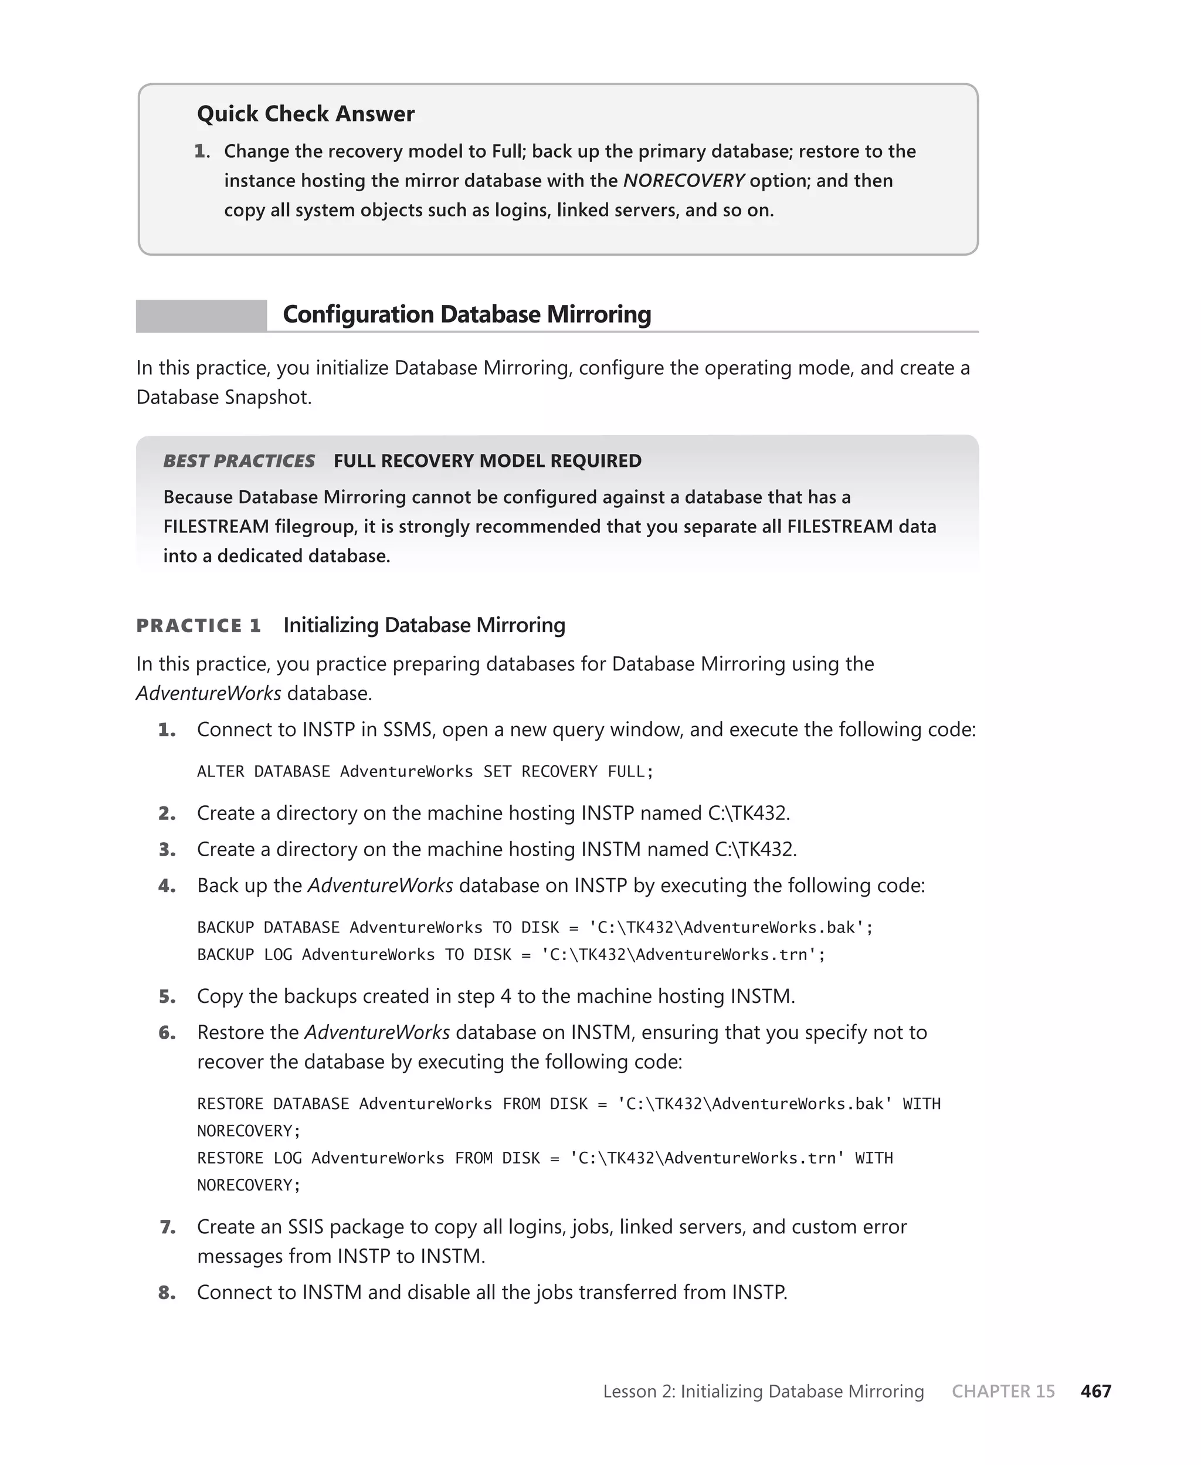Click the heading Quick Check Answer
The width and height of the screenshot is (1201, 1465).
pyautogui.click(x=305, y=113)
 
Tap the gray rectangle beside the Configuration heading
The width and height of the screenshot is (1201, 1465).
pyautogui.click(x=201, y=316)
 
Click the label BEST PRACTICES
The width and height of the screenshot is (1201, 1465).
pyautogui.click(x=239, y=460)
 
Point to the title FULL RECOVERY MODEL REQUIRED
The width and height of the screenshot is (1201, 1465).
pyautogui.click(x=487, y=460)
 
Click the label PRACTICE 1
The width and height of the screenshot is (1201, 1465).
pyautogui.click(x=199, y=625)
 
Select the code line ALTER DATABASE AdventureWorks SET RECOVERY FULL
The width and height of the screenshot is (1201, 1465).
pyautogui.click(x=425, y=771)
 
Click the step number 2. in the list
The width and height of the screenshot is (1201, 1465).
pyautogui.click(x=167, y=813)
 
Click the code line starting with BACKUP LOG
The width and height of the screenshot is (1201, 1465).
pyautogui.click(x=511, y=955)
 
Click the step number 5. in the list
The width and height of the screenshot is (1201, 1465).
pyautogui.click(x=167, y=997)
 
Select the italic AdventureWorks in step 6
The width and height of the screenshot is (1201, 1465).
pyautogui.click(x=377, y=1033)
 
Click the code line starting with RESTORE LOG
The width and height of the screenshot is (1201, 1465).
pyautogui.click(x=544, y=1158)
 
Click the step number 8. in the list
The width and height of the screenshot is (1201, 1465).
pyautogui.click(x=167, y=1293)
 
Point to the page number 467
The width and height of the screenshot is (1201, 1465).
pyautogui.click(x=1095, y=1391)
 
